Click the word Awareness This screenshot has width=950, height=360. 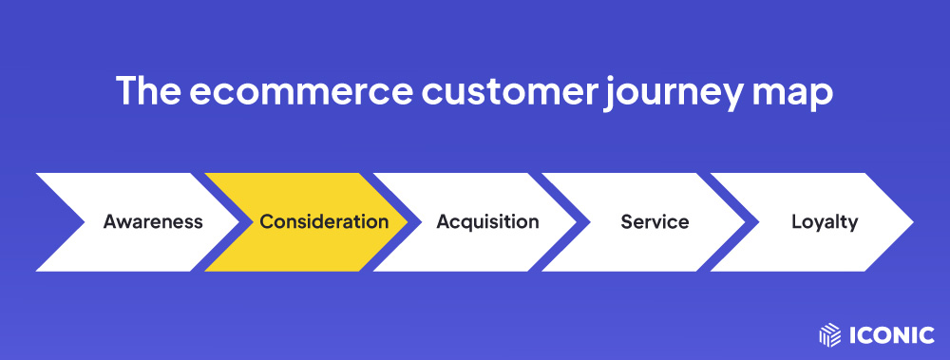tap(153, 222)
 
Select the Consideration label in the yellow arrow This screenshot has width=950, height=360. tap(324, 222)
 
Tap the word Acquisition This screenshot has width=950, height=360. tap(487, 222)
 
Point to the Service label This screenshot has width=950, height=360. tap(655, 222)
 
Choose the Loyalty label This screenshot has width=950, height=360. tap(825, 222)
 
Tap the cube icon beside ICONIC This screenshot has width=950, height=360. tap(829, 334)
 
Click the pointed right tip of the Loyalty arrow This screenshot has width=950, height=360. tap(911, 222)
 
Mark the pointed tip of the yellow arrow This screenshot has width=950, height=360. tap(406, 222)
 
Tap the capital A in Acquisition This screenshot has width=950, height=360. tap(443, 222)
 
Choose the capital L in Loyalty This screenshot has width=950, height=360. tap(796, 222)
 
